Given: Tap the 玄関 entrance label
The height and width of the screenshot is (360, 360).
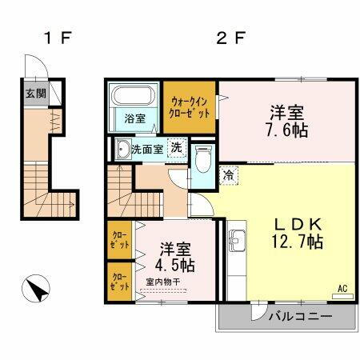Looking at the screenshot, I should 34,94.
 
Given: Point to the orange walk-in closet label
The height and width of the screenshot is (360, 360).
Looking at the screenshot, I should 191,107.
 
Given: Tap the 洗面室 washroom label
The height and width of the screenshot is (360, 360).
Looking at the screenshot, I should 147,149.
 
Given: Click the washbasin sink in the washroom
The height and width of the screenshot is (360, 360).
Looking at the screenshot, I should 122,149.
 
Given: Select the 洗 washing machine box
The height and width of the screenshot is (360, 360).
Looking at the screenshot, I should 178,149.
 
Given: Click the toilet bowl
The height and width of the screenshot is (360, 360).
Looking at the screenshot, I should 202,163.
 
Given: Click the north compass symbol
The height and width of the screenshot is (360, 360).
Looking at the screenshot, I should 35,289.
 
